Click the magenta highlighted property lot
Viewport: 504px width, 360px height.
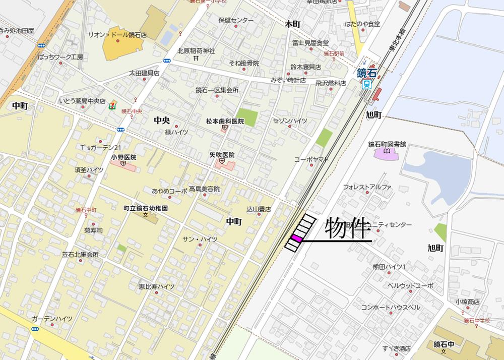click(296, 238)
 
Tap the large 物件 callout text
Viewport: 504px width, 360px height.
click(348, 229)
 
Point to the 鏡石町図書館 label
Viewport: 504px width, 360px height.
click(387, 144)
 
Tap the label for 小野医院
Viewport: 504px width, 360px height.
click(123, 157)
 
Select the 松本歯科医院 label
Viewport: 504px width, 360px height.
click(225, 122)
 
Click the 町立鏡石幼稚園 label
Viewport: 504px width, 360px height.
click(146, 208)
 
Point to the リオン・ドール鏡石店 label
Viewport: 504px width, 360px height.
click(117, 35)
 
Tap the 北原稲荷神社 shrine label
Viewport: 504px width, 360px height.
click(196, 51)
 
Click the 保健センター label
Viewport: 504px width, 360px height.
click(236, 21)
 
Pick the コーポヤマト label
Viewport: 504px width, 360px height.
click(311, 159)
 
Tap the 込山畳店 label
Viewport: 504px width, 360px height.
click(259, 208)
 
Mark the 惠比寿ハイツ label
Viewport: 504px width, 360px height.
click(157, 286)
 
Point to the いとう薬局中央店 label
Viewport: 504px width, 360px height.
click(82, 101)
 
